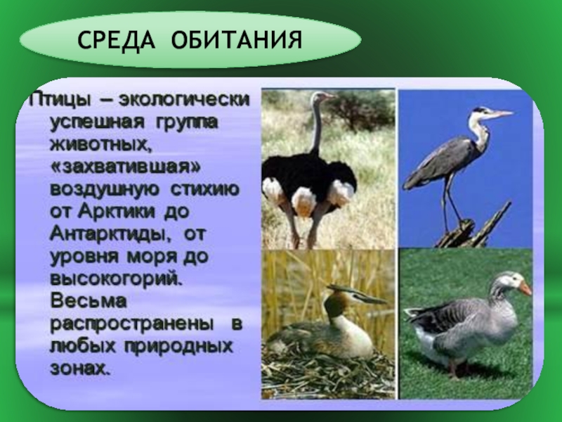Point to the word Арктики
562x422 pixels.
click(x=117, y=212)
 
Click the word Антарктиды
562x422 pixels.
click(x=110, y=235)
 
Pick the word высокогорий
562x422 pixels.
click(x=116, y=279)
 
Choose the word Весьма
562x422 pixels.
click(x=89, y=301)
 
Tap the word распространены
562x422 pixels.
click(x=131, y=324)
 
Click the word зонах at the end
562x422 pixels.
click(x=79, y=369)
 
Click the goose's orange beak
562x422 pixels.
click(x=525, y=288)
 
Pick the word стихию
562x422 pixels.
click(x=204, y=190)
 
